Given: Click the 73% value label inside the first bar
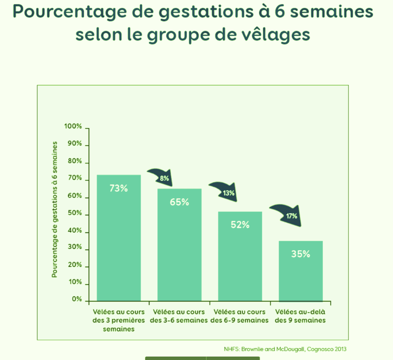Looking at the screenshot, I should click(118, 188).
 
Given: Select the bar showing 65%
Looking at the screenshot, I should click(179, 245).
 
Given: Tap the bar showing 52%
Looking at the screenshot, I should click(240, 258).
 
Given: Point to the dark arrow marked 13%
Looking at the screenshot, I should click(224, 191).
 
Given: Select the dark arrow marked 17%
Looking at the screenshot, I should click(287, 214).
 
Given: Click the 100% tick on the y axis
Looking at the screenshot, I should click(73, 126).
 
